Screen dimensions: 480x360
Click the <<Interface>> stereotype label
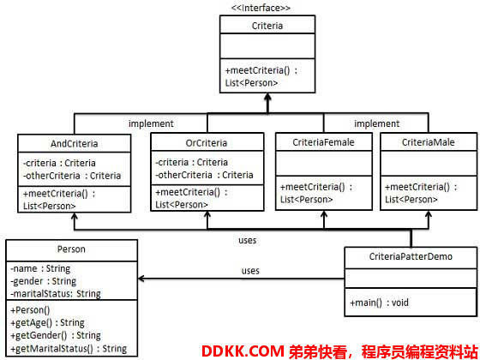tap(261, 8)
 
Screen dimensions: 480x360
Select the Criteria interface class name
tap(267, 26)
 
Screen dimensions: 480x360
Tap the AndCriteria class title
tap(74, 144)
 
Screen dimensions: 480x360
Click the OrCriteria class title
tap(207, 143)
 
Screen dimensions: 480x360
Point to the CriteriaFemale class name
tap(323, 142)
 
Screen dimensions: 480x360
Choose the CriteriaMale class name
tap(428, 142)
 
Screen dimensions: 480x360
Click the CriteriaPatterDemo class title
tap(411, 256)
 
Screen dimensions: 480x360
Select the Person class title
tap(71, 249)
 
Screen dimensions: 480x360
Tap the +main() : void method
tap(379, 303)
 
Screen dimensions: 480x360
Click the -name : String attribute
tap(40, 268)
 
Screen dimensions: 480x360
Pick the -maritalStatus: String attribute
tap(56, 294)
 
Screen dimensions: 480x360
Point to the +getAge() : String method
tap(47, 322)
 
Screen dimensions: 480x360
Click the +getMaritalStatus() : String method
tap(69, 348)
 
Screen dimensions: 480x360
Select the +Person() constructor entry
tap(30, 310)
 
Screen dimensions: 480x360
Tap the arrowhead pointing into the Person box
tap(141, 279)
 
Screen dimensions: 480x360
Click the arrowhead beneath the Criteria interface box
tap(267, 97)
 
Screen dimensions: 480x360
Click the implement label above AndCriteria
tap(151, 123)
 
